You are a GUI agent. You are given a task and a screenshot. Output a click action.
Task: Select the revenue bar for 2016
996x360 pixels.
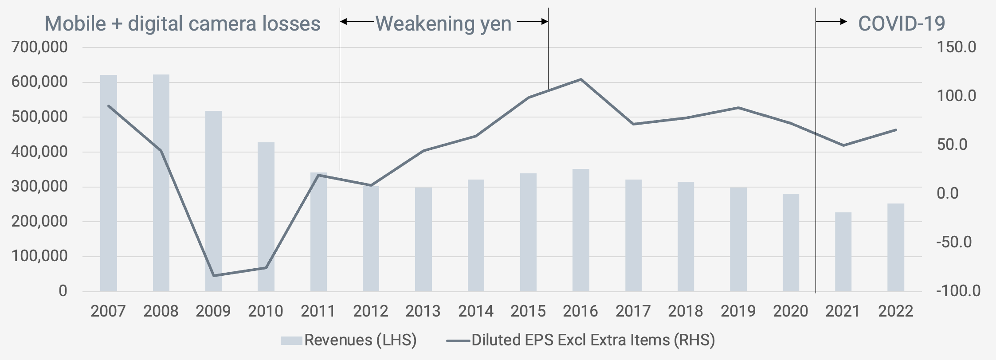click(580, 230)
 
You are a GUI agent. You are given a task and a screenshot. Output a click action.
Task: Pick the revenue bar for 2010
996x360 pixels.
click(266, 217)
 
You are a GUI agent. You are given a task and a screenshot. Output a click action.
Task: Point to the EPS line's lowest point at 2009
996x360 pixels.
click(214, 276)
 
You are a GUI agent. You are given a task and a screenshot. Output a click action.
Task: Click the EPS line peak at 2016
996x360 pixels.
click(581, 79)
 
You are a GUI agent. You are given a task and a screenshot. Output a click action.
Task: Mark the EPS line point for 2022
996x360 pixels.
click(896, 130)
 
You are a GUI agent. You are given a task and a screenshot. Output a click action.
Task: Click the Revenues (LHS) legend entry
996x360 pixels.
click(349, 340)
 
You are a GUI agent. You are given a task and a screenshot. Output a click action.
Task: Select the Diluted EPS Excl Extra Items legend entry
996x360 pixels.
click(581, 340)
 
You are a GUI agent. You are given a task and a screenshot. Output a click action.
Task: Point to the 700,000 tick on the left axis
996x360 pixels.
click(40, 47)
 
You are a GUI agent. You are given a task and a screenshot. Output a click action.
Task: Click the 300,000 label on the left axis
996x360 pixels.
click(40, 186)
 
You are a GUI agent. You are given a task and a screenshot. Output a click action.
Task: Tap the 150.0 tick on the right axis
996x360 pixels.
click(956, 47)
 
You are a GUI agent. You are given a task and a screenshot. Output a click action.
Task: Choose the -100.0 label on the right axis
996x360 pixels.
click(958, 291)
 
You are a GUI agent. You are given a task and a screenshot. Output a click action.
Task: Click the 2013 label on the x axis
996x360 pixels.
click(423, 311)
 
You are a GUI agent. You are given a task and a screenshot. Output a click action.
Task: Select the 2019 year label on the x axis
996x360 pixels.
click(738, 311)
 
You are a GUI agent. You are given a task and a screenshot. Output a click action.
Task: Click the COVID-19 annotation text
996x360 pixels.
click(902, 23)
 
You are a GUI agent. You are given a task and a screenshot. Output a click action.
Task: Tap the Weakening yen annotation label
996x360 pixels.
click(443, 23)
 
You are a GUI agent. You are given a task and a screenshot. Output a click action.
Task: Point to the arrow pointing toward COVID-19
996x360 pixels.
click(832, 21)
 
